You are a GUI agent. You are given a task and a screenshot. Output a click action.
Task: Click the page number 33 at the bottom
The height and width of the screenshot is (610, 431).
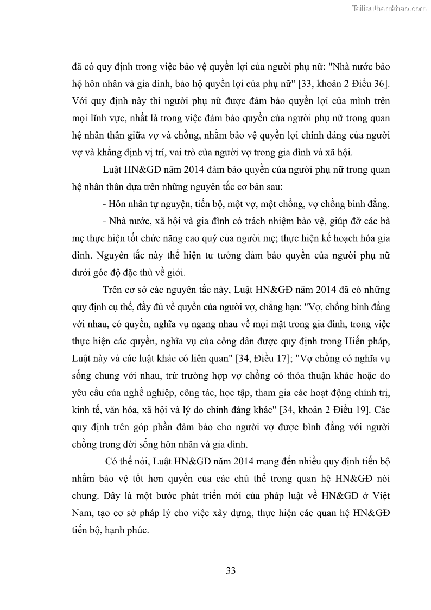(230, 570)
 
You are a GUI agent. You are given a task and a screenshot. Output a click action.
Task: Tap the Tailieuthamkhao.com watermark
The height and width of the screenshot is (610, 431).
(389, 8)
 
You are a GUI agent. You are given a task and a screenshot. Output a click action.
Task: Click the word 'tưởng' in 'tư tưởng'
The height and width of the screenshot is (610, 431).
(219, 256)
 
